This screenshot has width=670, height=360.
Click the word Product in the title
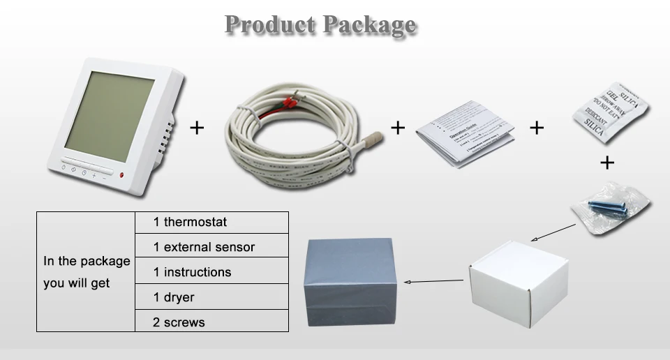[268, 24]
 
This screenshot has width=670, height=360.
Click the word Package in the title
[368, 26]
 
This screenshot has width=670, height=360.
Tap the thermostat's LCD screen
[110, 112]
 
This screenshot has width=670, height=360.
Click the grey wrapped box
[351, 282]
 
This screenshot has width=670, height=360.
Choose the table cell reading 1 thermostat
[211, 223]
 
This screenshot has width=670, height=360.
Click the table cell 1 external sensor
[211, 247]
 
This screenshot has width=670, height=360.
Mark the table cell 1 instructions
[211, 272]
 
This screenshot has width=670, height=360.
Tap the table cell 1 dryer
[211, 297]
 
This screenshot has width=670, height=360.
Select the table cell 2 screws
[211, 322]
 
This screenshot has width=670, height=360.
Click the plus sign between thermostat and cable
[198, 128]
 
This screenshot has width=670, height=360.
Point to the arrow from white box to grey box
[434, 282]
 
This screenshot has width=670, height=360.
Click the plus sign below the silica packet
[607, 163]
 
